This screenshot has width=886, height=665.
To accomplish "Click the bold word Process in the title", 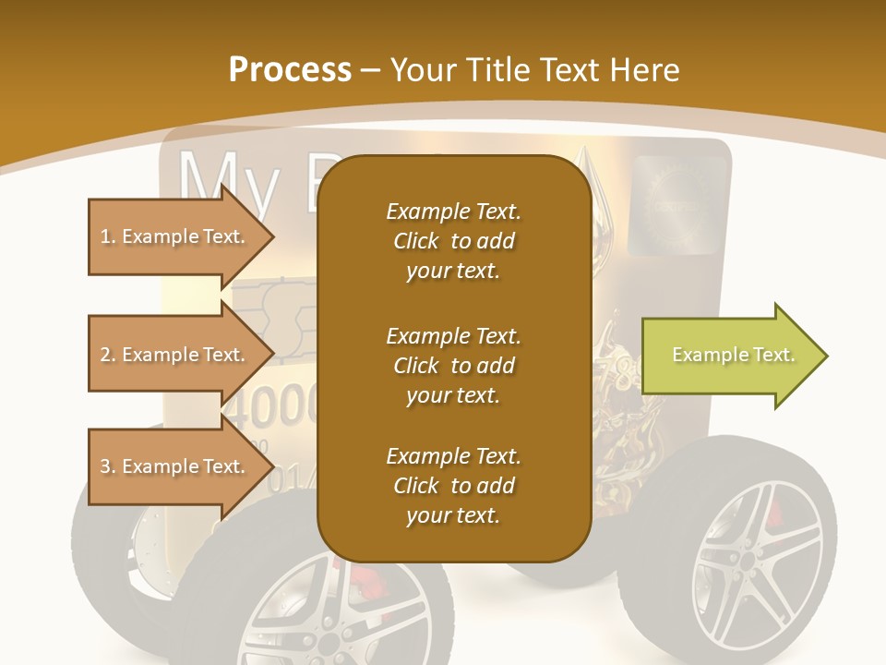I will click(290, 70).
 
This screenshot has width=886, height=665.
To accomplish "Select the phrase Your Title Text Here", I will click(535, 70).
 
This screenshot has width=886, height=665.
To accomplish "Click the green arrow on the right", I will click(729, 356).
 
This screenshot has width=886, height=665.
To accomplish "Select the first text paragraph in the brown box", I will click(453, 241).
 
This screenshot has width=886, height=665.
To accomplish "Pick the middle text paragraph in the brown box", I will click(453, 366).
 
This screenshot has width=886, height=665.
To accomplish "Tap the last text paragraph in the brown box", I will click(453, 486).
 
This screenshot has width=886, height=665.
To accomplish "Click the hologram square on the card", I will click(678, 205).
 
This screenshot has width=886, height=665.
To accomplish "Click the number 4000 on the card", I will click(272, 403).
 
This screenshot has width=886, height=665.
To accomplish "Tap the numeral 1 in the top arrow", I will click(104, 236).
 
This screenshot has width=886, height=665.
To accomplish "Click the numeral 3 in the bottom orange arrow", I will click(105, 466).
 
